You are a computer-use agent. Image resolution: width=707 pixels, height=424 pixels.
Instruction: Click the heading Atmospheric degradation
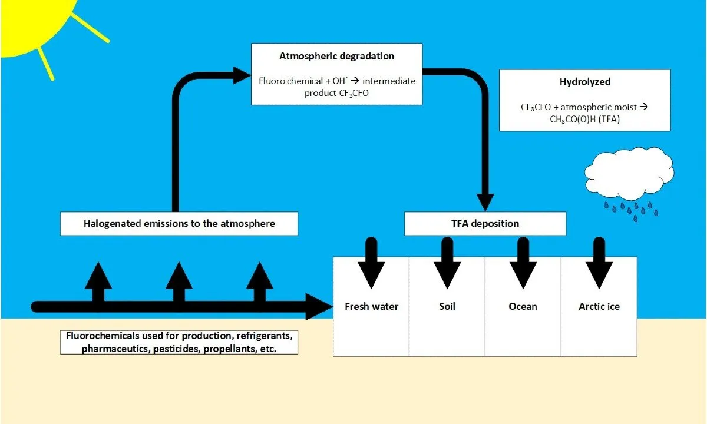click(337, 56)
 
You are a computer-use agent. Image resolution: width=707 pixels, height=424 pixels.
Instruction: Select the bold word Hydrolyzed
click(585, 82)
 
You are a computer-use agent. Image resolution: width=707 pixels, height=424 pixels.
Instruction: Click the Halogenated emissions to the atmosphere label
click(179, 223)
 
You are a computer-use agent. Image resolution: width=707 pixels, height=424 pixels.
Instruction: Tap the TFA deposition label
click(485, 223)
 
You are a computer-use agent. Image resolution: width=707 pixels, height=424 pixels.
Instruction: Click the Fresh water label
click(371, 306)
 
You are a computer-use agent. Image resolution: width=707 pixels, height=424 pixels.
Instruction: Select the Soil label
click(447, 306)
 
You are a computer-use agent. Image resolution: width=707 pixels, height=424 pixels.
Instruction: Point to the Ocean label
click(523, 306)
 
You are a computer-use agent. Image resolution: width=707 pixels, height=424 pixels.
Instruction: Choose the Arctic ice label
click(599, 306)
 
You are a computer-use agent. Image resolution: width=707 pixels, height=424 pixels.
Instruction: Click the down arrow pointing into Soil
click(447, 263)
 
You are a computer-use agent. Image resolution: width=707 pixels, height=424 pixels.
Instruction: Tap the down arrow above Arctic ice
click(599, 263)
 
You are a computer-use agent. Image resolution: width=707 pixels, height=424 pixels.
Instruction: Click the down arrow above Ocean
click(523, 263)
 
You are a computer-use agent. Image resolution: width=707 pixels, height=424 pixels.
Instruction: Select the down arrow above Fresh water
click(371, 263)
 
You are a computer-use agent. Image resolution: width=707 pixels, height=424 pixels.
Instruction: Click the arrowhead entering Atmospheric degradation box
click(242, 75)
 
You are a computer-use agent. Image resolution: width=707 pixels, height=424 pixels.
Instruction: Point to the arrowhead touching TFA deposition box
click(485, 203)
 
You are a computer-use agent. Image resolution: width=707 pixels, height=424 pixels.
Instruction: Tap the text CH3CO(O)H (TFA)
click(585, 119)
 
